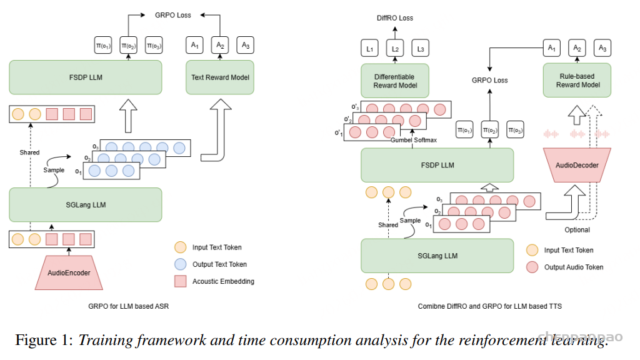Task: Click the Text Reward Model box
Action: point(219,77)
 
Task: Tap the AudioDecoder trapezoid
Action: point(577,166)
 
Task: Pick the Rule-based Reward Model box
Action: point(577,80)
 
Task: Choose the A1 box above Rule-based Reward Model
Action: point(551,47)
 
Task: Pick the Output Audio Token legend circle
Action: point(532,267)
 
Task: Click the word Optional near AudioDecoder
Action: point(577,230)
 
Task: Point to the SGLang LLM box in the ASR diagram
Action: point(85,204)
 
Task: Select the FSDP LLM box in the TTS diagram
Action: point(437,165)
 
